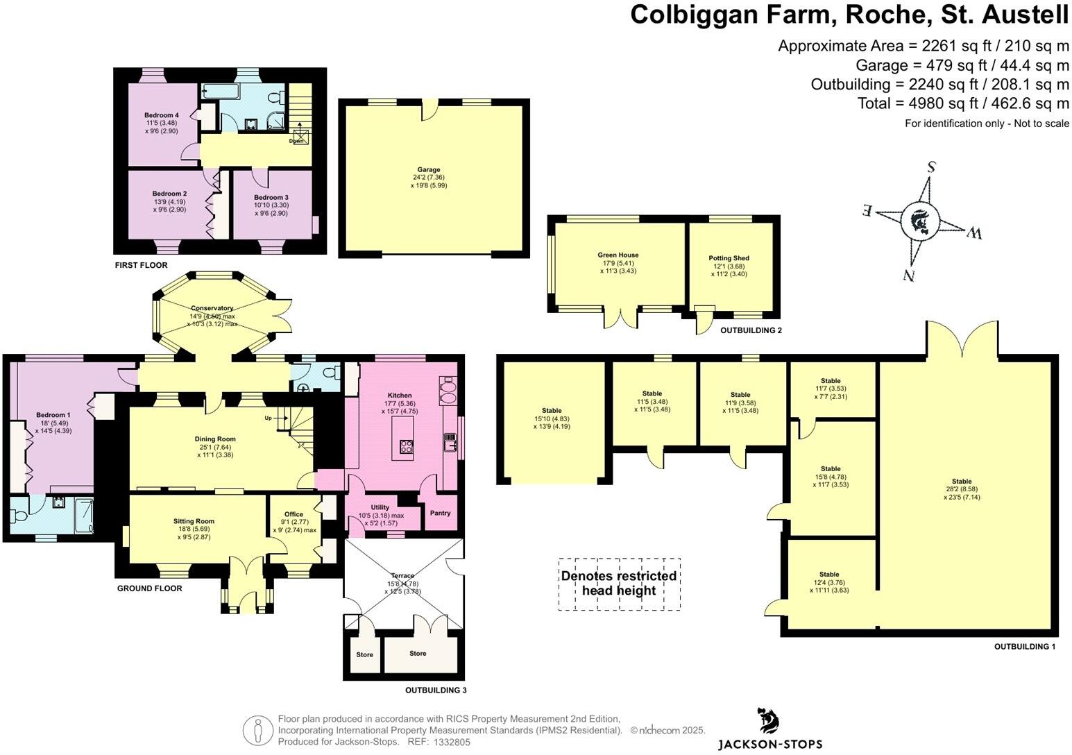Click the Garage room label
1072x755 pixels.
pos(429,170)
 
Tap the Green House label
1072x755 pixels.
pos(618,255)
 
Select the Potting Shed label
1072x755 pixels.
pos(729,258)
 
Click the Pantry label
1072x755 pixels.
pos(440,514)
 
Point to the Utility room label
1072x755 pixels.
pos(380,508)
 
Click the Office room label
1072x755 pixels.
pos(293,515)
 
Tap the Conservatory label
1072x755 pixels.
pos(212,308)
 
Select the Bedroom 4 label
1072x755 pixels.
pos(162,115)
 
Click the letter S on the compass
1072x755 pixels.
pos(932,167)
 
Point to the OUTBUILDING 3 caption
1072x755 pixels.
pos(436,690)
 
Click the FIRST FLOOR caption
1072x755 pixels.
pos(142,265)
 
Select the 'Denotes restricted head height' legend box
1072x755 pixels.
pos(619,584)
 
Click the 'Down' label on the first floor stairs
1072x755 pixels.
pos(296,141)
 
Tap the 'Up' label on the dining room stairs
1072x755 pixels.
pos(268,418)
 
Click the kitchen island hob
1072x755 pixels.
pos(405,447)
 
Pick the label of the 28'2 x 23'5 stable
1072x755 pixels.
pos(962,482)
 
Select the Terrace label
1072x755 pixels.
pos(402,576)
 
